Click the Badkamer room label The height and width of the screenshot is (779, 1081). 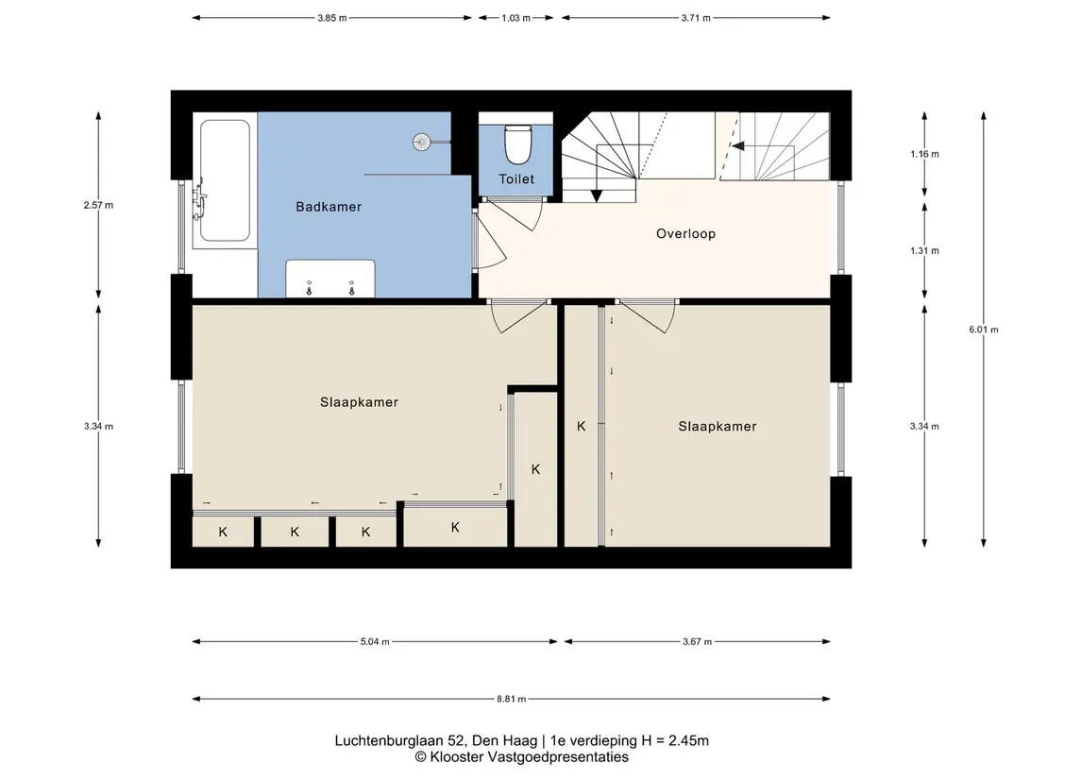[329, 207]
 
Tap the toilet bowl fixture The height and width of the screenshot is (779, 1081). [517, 143]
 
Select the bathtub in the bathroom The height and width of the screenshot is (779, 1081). [225, 180]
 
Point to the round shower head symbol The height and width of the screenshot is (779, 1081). [422, 142]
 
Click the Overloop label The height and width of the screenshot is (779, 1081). [686, 234]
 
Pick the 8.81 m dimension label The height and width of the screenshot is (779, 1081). [512, 699]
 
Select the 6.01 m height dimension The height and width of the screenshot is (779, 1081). [984, 330]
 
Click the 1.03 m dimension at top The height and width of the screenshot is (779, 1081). [515, 18]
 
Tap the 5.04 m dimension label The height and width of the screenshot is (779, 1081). [375, 642]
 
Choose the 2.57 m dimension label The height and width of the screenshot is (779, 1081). [98, 205]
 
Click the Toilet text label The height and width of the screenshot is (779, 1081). [516, 179]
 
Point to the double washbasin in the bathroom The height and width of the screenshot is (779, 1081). [330, 279]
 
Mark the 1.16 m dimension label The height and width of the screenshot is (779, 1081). [924, 154]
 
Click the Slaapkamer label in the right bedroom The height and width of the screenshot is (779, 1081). [718, 427]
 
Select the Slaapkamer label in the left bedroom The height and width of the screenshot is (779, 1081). [359, 402]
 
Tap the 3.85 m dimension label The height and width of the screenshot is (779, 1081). [332, 18]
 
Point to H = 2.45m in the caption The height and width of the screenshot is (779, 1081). [675, 741]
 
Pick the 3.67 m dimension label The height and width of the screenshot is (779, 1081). [698, 642]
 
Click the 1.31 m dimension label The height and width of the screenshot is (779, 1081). [924, 251]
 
